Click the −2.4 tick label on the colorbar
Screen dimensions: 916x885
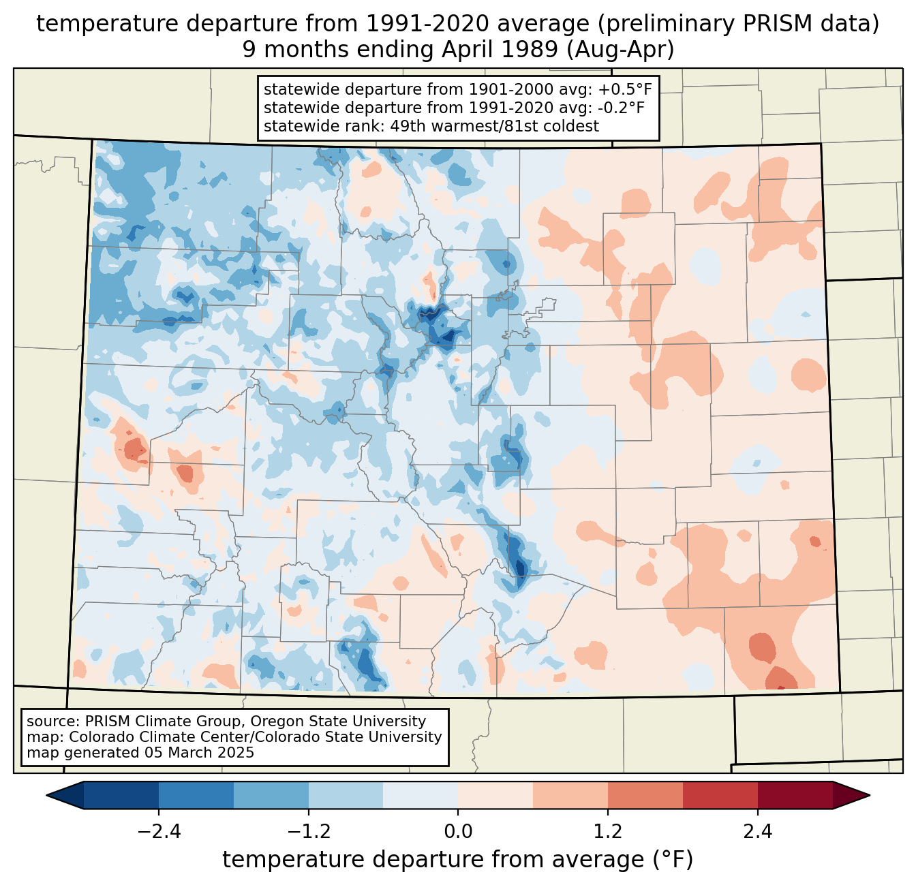[159, 832]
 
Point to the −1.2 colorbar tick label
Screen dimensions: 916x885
[309, 832]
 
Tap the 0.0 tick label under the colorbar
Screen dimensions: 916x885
[458, 832]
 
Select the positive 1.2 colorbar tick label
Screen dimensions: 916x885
[608, 832]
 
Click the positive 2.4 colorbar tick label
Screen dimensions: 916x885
[757, 832]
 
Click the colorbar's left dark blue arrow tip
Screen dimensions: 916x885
[47, 796]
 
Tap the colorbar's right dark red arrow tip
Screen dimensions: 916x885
[870, 796]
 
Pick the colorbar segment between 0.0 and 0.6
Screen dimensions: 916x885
[495, 796]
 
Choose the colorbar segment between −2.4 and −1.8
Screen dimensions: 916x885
[196, 796]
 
